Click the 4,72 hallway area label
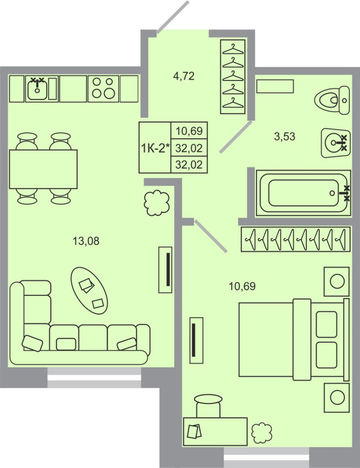183,75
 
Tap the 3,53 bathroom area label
285,137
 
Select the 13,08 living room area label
86,240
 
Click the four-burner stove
103,88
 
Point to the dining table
43,168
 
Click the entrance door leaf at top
174,16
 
